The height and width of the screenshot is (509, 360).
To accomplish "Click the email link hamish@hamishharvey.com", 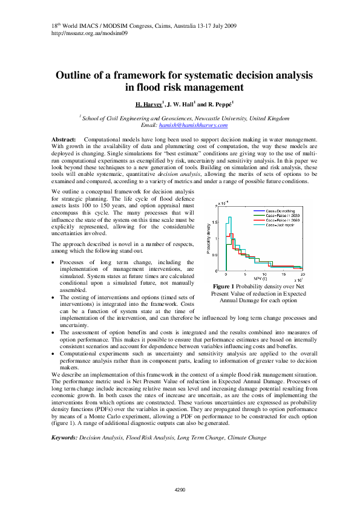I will [x=192, y=125].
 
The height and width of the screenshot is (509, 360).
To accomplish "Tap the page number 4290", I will [x=180, y=488].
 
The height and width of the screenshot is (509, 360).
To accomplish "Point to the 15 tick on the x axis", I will [x=284, y=274].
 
